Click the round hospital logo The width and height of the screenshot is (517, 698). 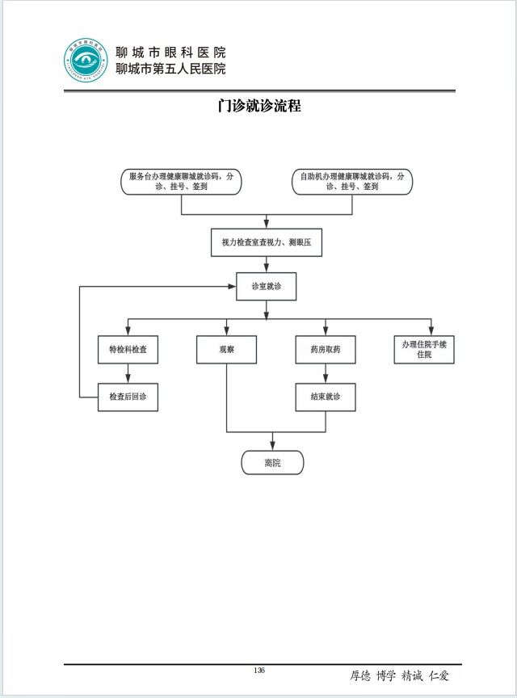tap(86, 61)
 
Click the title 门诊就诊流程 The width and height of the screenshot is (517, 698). tap(259, 106)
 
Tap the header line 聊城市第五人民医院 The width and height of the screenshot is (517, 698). tap(170, 69)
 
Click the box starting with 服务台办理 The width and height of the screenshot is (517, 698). tap(182, 181)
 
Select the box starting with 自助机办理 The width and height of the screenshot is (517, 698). tap(352, 181)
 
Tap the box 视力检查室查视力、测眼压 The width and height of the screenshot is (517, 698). tap(267, 242)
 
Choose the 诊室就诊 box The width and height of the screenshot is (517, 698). tap(266, 286)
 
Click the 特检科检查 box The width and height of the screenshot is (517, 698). tap(128, 349)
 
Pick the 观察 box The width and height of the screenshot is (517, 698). tap(226, 349)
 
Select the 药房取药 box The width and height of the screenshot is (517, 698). tap(326, 349)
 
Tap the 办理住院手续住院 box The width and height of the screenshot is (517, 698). tap(430, 349)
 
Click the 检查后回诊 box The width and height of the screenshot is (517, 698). tap(128, 397)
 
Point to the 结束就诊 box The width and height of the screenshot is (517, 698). tap(326, 397)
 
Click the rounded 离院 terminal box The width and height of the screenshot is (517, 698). tap(272, 462)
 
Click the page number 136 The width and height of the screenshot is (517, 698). tap(259, 671)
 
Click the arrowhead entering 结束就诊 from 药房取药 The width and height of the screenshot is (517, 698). tap(326, 379)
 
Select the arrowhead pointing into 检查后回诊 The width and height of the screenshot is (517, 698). tap(128, 379)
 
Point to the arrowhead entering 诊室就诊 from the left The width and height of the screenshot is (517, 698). tap(232, 286)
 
